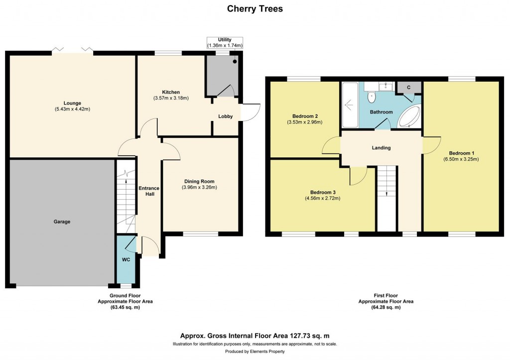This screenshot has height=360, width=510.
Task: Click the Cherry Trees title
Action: [255, 8]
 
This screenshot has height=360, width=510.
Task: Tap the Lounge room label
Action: [72, 103]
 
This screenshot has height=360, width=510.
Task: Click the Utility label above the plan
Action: [225, 39]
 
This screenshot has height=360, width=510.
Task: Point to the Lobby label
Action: [226, 117]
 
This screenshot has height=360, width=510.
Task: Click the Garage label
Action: [62, 222]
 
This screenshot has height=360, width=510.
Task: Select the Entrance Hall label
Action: [149, 191]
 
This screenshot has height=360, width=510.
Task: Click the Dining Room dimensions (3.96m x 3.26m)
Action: [200, 187]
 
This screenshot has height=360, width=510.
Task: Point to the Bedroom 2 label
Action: [299, 116]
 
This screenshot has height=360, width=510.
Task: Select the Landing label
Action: [381, 148]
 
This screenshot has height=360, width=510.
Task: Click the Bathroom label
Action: [381, 112]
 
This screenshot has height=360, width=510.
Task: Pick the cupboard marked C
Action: [408, 88]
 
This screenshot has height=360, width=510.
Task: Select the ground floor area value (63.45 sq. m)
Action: [125, 308]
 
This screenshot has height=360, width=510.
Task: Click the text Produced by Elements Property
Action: [255, 352]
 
